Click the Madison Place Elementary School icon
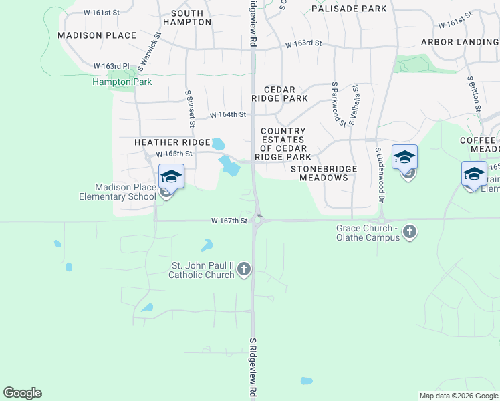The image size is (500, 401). pyautogui.click(x=171, y=177)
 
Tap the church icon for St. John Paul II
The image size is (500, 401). pyautogui.click(x=244, y=269)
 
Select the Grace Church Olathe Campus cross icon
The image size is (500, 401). pyautogui.click(x=410, y=232)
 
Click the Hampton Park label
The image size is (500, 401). pyautogui.click(x=122, y=82)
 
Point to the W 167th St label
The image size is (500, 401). pyautogui.click(x=229, y=220)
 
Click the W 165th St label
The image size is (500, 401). pyautogui.click(x=174, y=154)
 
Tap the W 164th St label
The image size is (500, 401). pyautogui.click(x=228, y=115)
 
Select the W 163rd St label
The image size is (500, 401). pyautogui.click(x=303, y=43)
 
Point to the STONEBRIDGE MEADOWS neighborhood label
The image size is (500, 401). pyautogui.click(x=324, y=174)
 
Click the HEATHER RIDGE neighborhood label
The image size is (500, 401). pyautogui.click(x=172, y=142)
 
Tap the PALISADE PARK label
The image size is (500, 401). pyautogui.click(x=349, y=9)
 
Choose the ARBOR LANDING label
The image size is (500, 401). pyautogui.click(x=460, y=42)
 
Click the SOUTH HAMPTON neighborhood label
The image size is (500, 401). pyautogui.click(x=191, y=17)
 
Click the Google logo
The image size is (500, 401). pyautogui.click(x=22, y=393)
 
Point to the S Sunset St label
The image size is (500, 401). pyautogui.click(x=190, y=109)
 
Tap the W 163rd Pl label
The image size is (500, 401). pyautogui.click(x=111, y=66)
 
